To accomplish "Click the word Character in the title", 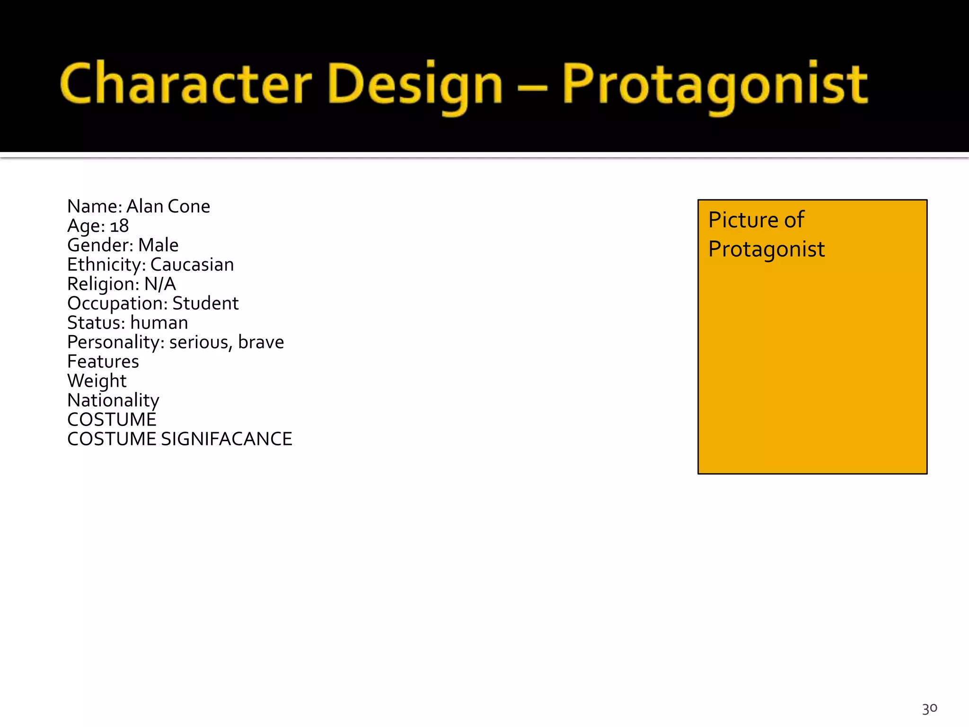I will pyautogui.click(x=185, y=84).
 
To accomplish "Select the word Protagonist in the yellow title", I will pyautogui.click(x=714, y=85).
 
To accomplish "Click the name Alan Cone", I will pyautogui.click(x=168, y=206).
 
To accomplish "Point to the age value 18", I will pyautogui.click(x=119, y=226).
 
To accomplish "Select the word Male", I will pyautogui.click(x=158, y=245).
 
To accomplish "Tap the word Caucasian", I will pyautogui.click(x=192, y=265).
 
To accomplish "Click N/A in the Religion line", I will pyautogui.click(x=160, y=284).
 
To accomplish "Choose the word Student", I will pyautogui.click(x=205, y=303).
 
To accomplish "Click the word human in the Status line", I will pyautogui.click(x=159, y=323).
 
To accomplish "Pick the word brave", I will pyautogui.click(x=261, y=342).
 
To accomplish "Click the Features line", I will pyautogui.click(x=103, y=362).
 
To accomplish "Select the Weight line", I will pyautogui.click(x=97, y=381).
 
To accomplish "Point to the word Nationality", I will pyautogui.click(x=113, y=400).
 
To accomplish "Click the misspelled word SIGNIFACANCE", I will pyautogui.click(x=226, y=439).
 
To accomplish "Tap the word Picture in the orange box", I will pyautogui.click(x=742, y=220).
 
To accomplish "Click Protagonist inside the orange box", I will pyautogui.click(x=766, y=249).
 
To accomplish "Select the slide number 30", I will pyautogui.click(x=929, y=709).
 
